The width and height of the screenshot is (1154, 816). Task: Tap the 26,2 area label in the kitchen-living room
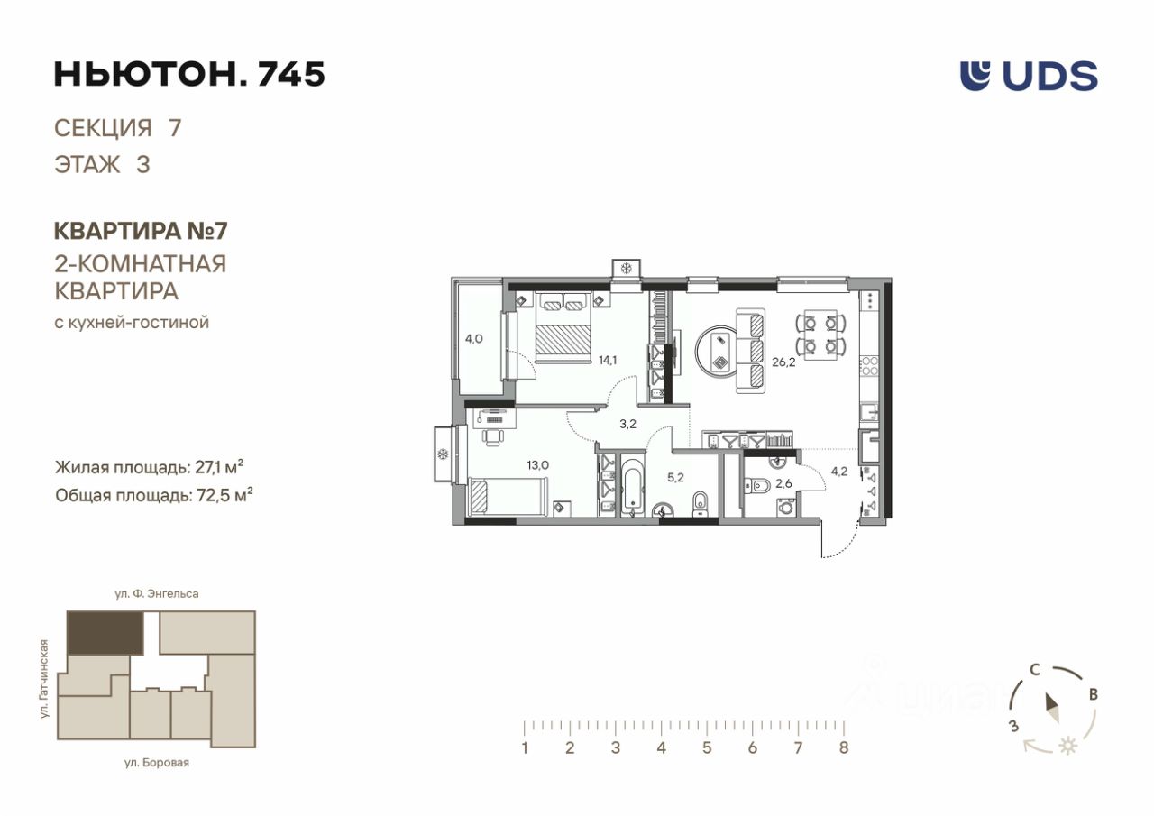click(783, 362)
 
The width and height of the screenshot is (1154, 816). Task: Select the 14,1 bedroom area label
click(608, 360)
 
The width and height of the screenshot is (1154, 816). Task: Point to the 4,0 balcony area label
click(474, 339)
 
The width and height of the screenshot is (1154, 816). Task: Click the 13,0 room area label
click(538, 465)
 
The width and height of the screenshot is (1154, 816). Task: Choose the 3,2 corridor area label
click(627, 424)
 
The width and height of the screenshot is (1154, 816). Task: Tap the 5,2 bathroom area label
click(675, 478)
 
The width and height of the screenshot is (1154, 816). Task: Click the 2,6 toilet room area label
click(783, 483)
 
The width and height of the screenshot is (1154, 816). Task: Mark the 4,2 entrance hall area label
click(838, 471)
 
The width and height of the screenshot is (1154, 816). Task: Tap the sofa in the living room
click(751, 352)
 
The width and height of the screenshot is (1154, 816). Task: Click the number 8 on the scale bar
click(843, 747)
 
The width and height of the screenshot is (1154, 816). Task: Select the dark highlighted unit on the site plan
click(105, 633)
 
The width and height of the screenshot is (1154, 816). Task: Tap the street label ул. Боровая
click(157, 763)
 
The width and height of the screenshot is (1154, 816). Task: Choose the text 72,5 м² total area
click(225, 495)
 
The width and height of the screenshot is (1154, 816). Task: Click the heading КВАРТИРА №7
click(141, 231)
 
